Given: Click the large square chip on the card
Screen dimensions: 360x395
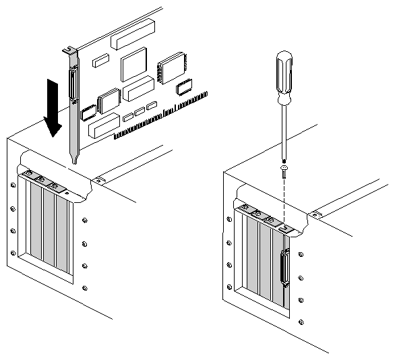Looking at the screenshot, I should pyautogui.click(x=134, y=65).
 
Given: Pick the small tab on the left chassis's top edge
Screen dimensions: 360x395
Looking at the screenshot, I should pyautogui.click(x=98, y=179).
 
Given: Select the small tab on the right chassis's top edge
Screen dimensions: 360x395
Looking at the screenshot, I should pyautogui.click(x=314, y=214).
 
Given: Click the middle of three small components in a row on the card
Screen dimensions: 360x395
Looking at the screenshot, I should pyautogui.click(x=140, y=111).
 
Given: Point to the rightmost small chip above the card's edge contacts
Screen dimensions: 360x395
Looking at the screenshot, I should pyautogui.click(x=185, y=87).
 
